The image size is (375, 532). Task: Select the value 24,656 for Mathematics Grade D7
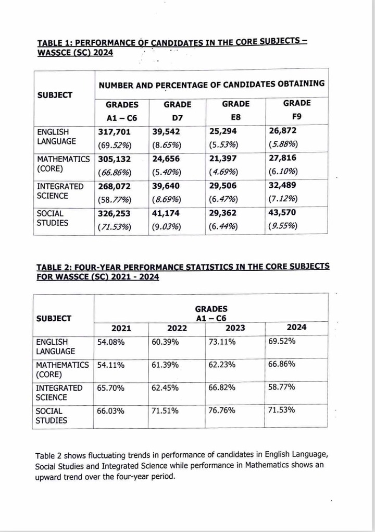[x=167, y=160]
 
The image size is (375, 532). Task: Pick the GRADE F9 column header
[x=297, y=108]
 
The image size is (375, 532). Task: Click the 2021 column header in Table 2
[x=121, y=328]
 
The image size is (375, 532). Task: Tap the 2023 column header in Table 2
[x=235, y=328]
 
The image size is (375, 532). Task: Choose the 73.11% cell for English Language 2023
[x=222, y=342]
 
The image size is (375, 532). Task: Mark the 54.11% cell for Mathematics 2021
[x=110, y=365]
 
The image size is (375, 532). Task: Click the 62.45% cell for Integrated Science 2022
[x=165, y=388]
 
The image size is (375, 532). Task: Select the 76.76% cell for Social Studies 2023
[x=222, y=410]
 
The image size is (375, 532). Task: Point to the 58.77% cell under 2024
[x=282, y=388]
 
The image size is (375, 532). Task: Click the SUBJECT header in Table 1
[x=55, y=95]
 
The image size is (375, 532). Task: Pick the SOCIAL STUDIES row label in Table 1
[x=50, y=219]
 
